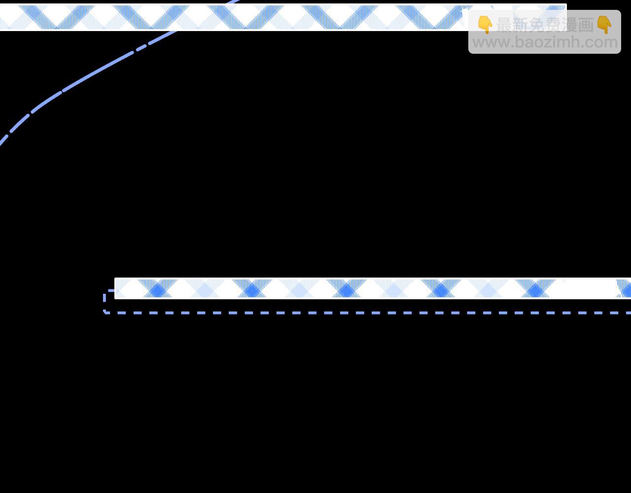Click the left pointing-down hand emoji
coord(485,25)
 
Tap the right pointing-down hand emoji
coord(604,25)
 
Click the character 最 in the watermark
coord(504,25)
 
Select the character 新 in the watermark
coord(521,25)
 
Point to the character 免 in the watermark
coord(537,25)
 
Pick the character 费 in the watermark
coord(554,25)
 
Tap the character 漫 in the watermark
coord(570,25)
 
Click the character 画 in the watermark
coord(586,25)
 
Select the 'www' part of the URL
coord(491,43)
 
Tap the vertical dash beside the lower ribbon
coord(105,298)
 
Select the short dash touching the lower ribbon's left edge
coord(111,290)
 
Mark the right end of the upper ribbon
coord(566,17)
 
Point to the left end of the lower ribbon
coord(115,288)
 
